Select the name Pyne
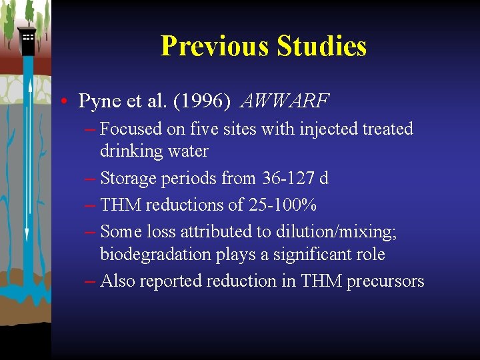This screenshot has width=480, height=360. click(98, 101)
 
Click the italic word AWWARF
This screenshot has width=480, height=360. click(285, 101)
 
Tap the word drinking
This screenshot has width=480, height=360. click(131, 151)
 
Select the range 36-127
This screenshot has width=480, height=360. click(283, 178)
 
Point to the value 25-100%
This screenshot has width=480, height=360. click(282, 205)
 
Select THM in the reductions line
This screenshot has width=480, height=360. click(121, 205)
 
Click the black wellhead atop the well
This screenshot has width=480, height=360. click(27, 41)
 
